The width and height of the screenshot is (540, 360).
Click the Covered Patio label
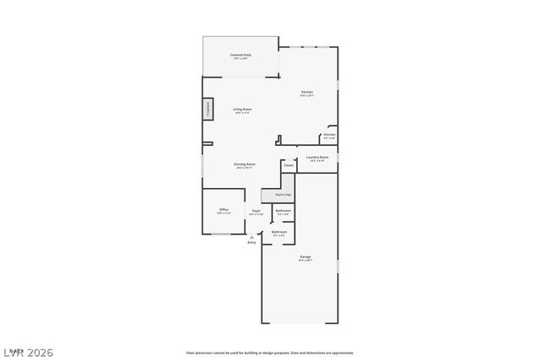point(240,56)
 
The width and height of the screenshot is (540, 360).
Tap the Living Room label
point(242,110)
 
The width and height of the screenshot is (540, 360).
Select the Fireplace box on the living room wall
point(206,110)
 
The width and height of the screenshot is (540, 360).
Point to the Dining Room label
point(245,164)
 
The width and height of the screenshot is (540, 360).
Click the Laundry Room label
point(317,158)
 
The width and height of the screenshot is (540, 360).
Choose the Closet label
point(289,165)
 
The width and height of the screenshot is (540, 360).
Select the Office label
point(224,210)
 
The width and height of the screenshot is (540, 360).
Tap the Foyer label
point(256,212)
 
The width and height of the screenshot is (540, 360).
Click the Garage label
point(305,257)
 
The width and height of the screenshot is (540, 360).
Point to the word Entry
point(251,244)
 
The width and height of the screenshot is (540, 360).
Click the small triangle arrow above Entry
point(251,238)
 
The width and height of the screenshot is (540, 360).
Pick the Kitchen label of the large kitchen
point(307,92)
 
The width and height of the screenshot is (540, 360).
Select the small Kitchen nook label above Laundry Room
point(329,135)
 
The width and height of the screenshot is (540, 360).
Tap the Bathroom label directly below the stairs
point(283,211)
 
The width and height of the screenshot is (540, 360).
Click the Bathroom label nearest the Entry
point(278,232)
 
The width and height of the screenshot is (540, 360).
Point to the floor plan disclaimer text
point(270,352)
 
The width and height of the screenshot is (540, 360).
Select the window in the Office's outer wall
point(223,234)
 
